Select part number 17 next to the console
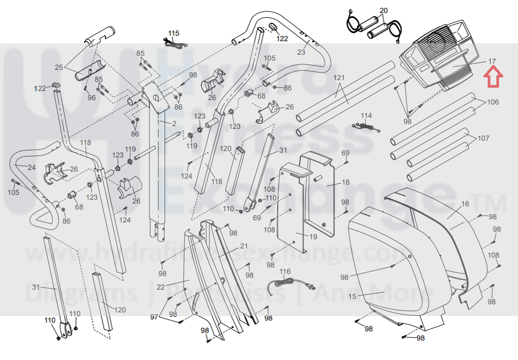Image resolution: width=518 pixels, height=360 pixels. tap(492, 61)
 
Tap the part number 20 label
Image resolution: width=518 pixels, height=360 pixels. tap(384, 11)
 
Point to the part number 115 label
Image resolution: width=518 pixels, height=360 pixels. tap(173, 34)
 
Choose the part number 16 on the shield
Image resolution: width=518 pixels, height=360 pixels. tap(465, 204)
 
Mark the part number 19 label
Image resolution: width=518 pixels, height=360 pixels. tap(313, 236)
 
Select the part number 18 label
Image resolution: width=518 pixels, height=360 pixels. tap(346, 183)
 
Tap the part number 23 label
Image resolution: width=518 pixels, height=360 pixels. tap(301, 53)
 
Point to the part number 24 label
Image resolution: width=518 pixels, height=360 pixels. tap(31, 168)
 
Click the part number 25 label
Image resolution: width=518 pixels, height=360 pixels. tap(59, 67)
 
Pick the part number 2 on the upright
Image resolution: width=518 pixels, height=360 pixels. tap(174, 124)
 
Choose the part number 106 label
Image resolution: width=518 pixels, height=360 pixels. tap(493, 102)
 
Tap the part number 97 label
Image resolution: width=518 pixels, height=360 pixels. tap(154, 316)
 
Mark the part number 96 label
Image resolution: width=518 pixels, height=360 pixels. tap(92, 98)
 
